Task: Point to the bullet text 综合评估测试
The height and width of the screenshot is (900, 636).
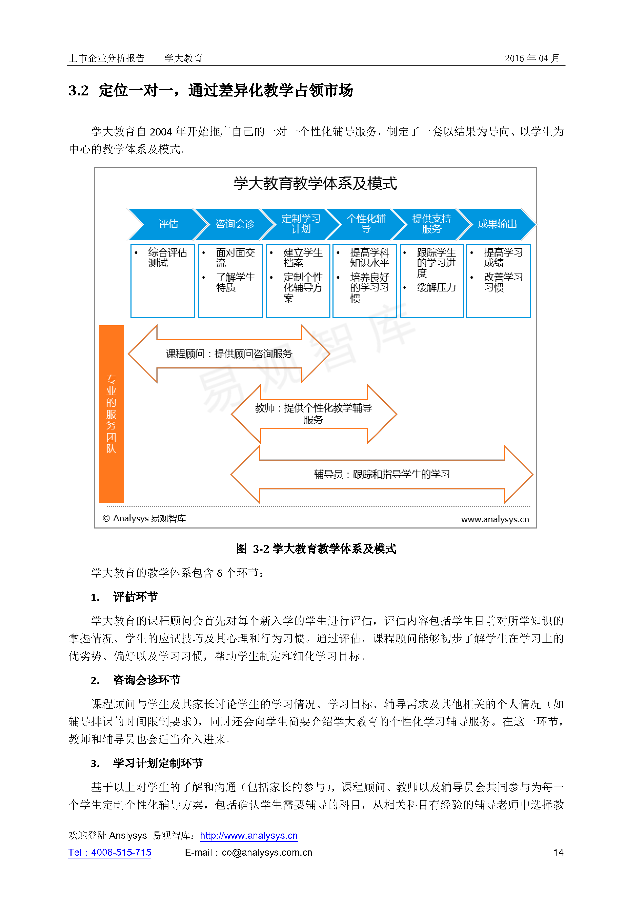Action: tap(168, 258)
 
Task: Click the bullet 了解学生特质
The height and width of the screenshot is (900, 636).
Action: tap(235, 282)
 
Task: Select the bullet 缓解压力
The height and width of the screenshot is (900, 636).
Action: tap(436, 287)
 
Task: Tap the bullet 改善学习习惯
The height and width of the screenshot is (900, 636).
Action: tap(503, 282)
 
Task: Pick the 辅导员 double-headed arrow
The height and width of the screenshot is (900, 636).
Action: tap(382, 474)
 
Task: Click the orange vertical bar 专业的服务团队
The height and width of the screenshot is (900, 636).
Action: tap(111, 414)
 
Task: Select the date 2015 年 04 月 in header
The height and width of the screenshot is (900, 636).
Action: tap(532, 58)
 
